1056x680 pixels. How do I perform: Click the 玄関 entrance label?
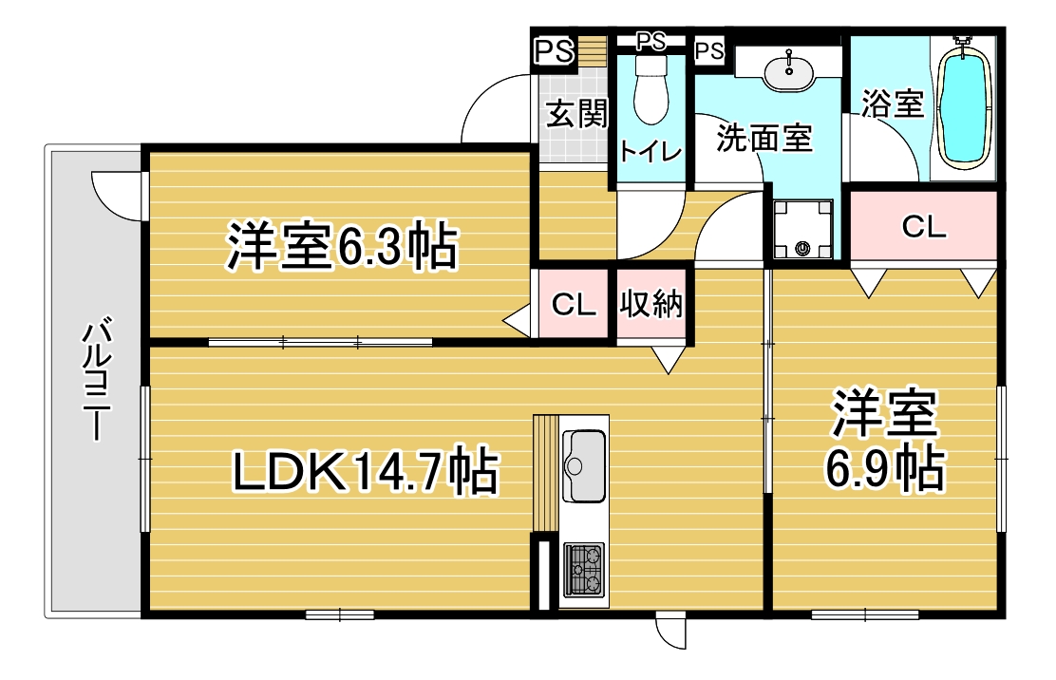pos(575,114)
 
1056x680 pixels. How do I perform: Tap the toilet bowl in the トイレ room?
pos(651,90)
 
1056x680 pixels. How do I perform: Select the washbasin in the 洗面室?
pos(788,72)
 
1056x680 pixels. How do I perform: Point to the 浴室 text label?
pos(892,104)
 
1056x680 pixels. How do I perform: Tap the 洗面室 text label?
pos(764,139)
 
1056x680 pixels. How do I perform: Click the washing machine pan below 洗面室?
pos(802,229)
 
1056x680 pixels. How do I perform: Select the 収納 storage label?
pos(652,305)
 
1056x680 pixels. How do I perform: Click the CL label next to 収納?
pos(574,305)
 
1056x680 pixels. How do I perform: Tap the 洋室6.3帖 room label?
pos(341,248)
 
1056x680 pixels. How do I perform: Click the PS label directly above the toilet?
pos(651,41)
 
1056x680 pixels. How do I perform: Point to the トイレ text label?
pos(651,152)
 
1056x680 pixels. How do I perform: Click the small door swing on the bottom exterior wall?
pos(671,633)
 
